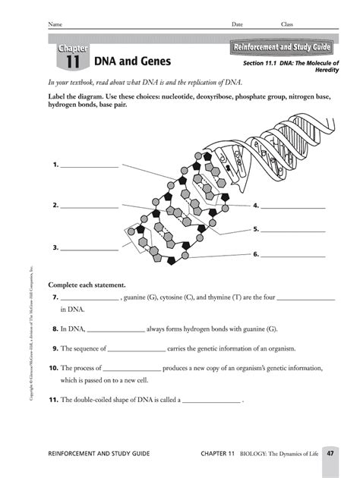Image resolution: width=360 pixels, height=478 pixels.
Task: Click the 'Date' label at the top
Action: (x=237, y=24)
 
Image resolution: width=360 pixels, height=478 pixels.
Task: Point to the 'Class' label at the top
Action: (x=287, y=24)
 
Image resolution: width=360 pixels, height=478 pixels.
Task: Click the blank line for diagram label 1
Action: (x=89, y=165)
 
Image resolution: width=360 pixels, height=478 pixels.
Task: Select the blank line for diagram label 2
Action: (x=89, y=206)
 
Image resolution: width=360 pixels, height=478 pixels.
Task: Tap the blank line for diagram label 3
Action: (x=89, y=247)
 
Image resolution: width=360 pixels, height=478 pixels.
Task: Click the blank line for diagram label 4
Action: (x=293, y=206)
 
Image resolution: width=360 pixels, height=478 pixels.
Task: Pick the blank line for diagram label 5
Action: (x=293, y=228)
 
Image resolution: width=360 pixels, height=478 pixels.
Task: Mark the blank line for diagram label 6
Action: (x=293, y=254)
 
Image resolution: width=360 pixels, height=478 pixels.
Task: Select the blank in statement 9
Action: (x=137, y=349)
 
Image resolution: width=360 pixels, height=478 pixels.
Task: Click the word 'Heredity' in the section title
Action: (x=325, y=70)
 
